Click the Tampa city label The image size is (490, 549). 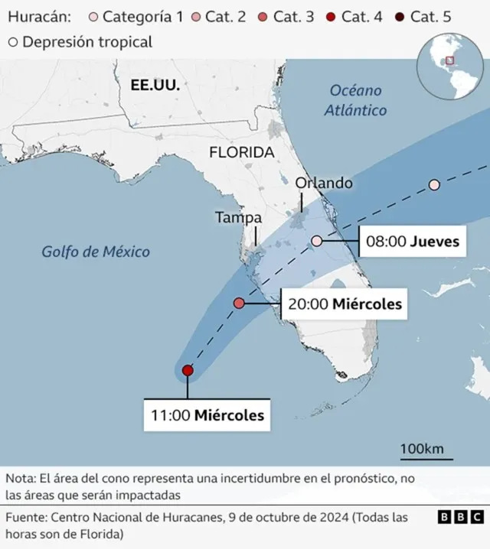(238, 217)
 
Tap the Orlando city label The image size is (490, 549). (324, 184)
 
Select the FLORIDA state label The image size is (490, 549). (241, 152)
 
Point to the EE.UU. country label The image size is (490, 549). (155, 85)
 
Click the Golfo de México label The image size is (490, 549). (96, 252)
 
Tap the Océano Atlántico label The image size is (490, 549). (355, 100)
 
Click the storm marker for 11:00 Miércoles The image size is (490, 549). (188, 371)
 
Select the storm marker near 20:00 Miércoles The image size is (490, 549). (239, 304)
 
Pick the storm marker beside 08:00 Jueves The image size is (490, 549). (317, 241)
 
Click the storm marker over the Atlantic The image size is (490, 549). (434, 185)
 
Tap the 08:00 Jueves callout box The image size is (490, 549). (413, 242)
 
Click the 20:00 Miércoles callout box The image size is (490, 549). (344, 304)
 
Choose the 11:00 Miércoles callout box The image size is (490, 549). (207, 416)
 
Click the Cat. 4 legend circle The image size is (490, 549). (330, 17)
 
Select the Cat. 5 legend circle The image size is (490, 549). (399, 17)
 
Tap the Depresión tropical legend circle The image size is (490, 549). (12, 42)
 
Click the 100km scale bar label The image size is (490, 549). (421, 448)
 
